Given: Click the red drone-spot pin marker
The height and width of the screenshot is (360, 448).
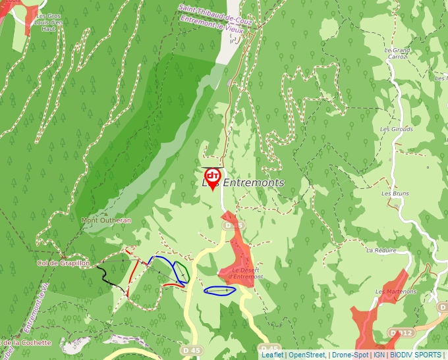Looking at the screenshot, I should pos(212,178).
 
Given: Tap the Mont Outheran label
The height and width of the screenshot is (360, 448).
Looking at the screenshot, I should pos(106,220).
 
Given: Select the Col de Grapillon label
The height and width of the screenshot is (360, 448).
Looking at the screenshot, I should pos(63,263).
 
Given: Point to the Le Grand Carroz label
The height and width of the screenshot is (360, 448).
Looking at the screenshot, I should pos(397,53).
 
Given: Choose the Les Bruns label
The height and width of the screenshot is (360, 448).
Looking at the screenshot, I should pos(395,193).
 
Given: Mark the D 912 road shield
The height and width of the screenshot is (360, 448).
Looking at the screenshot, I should pos(401,333).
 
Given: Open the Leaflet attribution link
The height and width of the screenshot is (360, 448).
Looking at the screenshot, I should pos(272,355).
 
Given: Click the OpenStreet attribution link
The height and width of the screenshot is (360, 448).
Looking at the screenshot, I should pos(307,355).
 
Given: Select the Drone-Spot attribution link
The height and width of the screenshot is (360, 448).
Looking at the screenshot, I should pos(350,355).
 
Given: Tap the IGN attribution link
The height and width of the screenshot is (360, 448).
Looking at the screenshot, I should pos(379,355).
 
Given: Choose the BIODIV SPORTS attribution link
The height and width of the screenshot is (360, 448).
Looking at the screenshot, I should pos(416,355).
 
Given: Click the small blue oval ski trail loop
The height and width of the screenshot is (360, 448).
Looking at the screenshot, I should pos(220,290).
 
